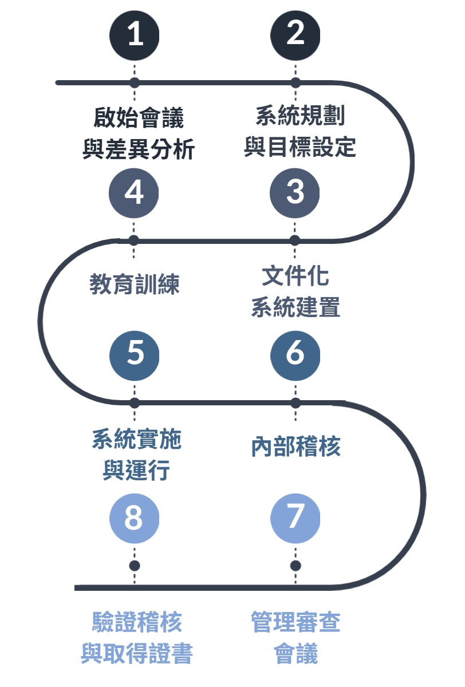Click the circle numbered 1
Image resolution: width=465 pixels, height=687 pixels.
pyautogui.click(x=134, y=34)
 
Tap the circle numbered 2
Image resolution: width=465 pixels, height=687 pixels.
pyautogui.click(x=295, y=34)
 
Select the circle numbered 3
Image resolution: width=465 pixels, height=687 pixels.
pyautogui.click(x=295, y=192)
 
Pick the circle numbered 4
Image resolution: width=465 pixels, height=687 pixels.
pyautogui.click(x=134, y=192)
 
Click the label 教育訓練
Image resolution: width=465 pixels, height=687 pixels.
pyautogui.click(x=135, y=284)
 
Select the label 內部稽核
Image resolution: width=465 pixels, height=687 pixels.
pyautogui.click(x=296, y=447)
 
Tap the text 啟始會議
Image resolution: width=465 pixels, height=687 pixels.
pyautogui.click(x=138, y=119)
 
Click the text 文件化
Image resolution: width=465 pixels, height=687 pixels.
pyautogui.click(x=295, y=277)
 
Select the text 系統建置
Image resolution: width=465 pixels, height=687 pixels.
pyautogui.click(x=295, y=307)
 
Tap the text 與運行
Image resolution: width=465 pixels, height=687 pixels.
pyautogui.click(x=136, y=471)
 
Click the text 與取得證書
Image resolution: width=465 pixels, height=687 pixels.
pyautogui.click(x=136, y=653)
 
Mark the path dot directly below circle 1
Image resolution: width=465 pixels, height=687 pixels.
pyautogui.click(x=134, y=82)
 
